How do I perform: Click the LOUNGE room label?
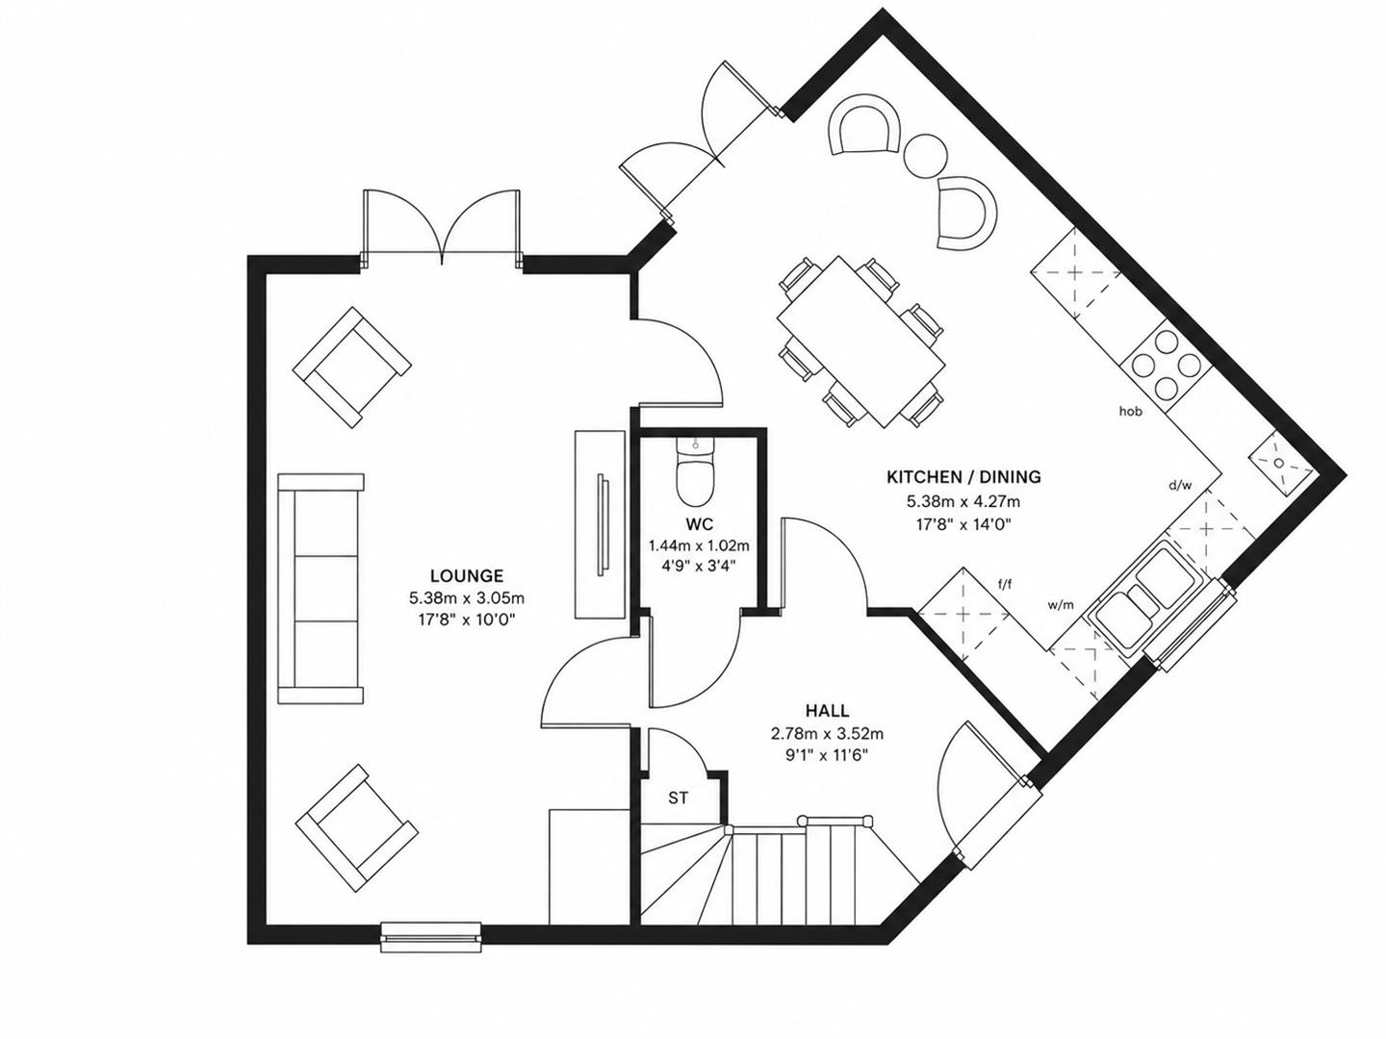click(x=467, y=576)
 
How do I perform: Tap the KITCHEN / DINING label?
click(x=963, y=477)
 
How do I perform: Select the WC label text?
click(x=699, y=524)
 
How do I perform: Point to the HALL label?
click(x=827, y=711)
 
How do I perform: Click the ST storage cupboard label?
click(x=679, y=798)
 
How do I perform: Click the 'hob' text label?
click(x=1131, y=412)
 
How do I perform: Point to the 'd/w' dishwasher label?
click(x=1180, y=486)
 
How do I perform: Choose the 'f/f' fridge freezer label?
click(x=1005, y=585)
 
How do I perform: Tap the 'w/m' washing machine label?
click(x=1061, y=605)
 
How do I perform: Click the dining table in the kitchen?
click(x=861, y=342)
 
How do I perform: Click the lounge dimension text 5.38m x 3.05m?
click(x=467, y=597)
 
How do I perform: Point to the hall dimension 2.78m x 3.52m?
click(x=827, y=734)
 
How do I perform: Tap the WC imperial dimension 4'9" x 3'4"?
click(x=699, y=566)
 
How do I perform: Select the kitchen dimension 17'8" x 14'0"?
click(x=963, y=523)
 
